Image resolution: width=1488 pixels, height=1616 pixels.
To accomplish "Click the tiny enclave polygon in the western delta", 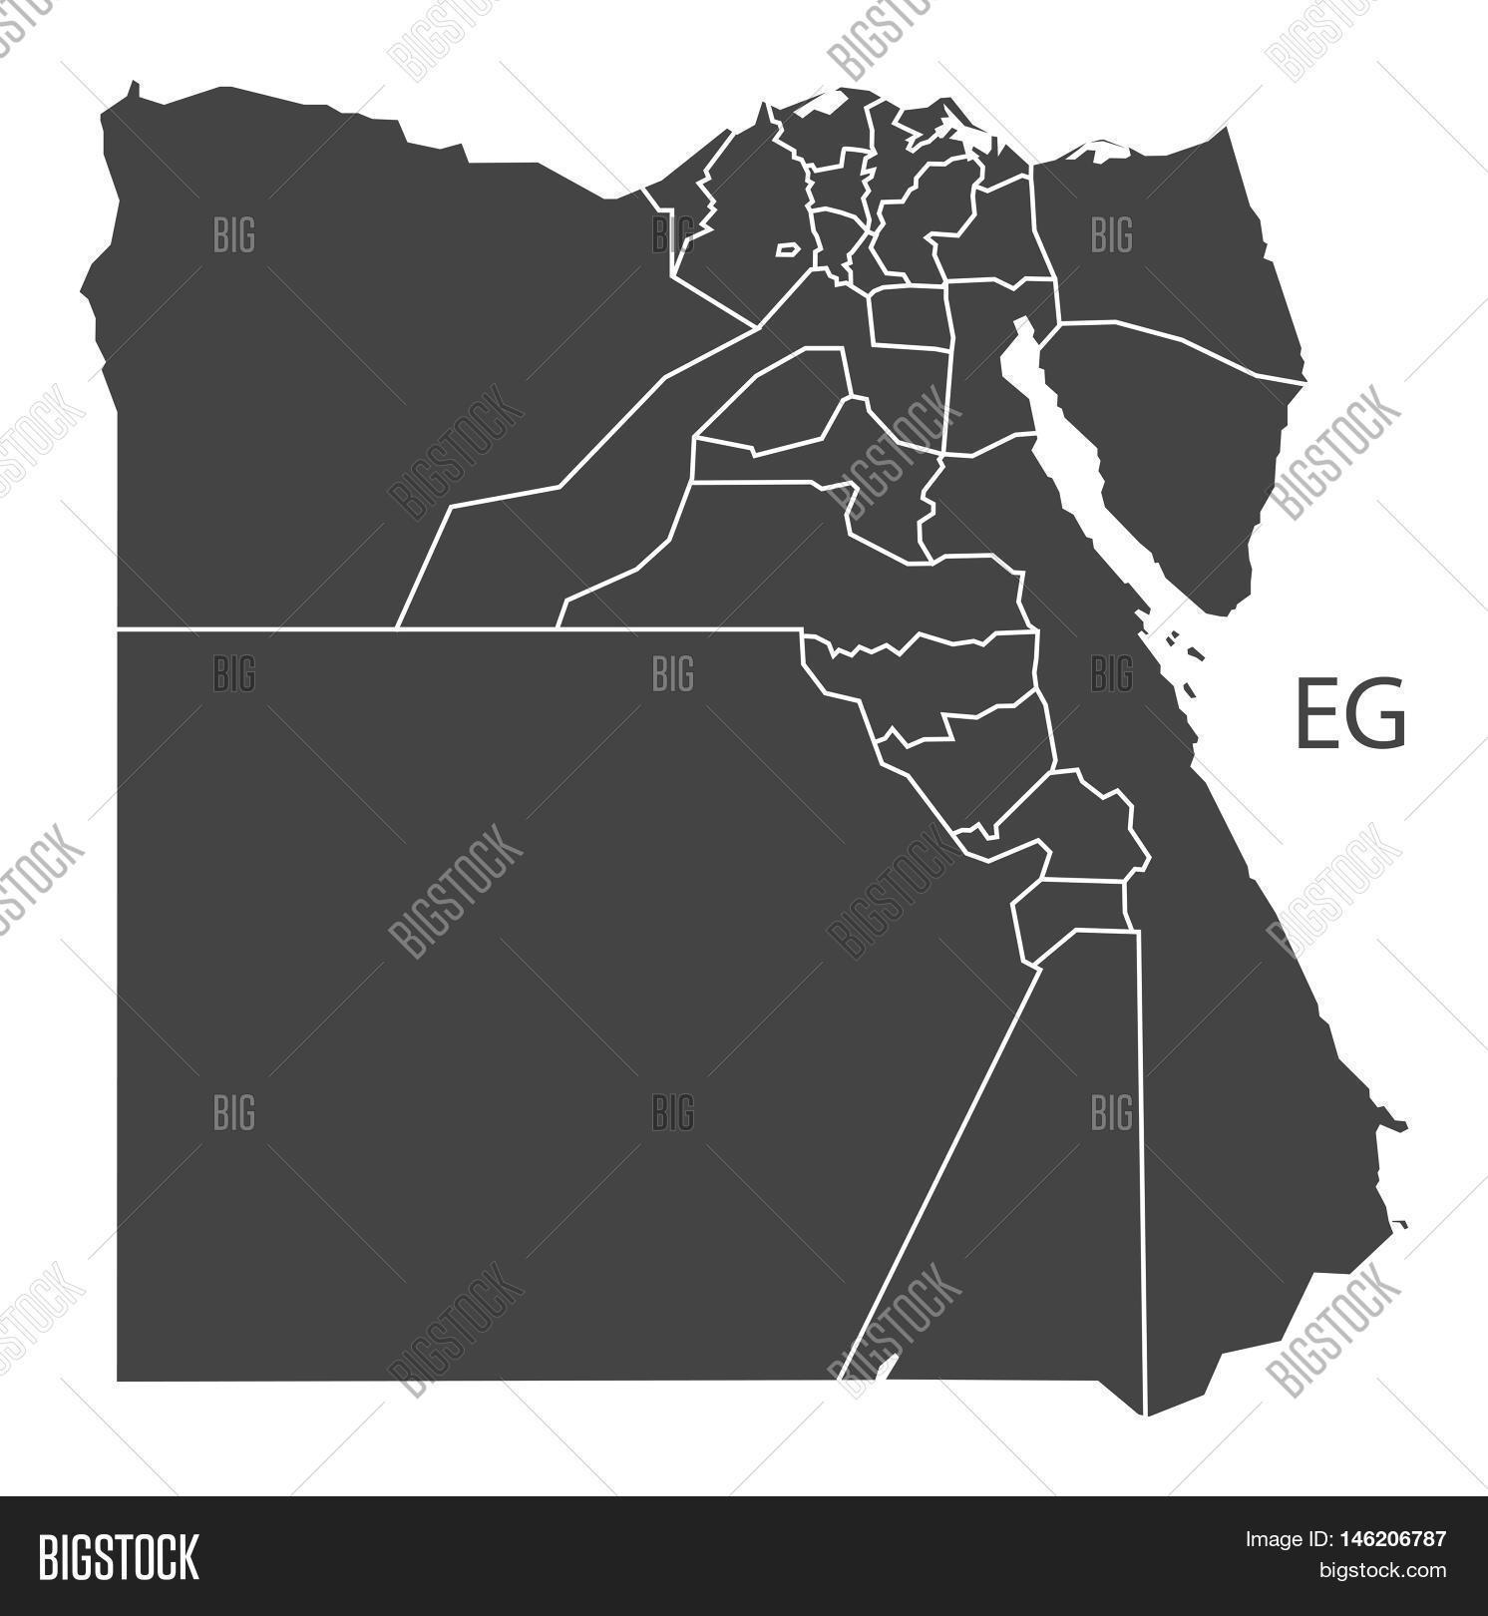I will (x=788, y=249).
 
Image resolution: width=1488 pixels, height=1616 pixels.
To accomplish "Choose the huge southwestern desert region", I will (x=499, y=998).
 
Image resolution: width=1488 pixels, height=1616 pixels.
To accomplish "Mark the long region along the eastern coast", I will (x=1247, y=1097).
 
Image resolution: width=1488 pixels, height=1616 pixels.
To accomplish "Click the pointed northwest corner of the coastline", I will (x=131, y=91).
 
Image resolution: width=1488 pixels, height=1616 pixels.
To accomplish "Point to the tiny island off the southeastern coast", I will (x=1401, y=1223).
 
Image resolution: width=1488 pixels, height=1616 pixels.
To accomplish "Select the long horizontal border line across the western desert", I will (x=449, y=629).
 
